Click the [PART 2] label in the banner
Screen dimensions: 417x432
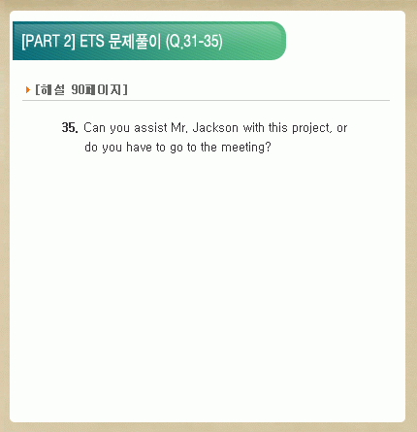click(48, 42)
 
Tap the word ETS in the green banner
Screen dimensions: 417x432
click(92, 42)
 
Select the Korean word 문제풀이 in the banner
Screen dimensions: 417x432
click(135, 42)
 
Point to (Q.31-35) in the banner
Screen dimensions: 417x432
click(194, 42)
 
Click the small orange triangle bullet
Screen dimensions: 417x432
click(28, 89)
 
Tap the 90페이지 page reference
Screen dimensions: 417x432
click(96, 89)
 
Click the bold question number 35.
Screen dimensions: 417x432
click(70, 128)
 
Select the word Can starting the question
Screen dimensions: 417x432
click(94, 128)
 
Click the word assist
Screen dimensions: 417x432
click(150, 128)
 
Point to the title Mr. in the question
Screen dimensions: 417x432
click(179, 128)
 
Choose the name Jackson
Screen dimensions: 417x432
click(215, 128)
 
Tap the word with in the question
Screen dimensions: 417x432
click(254, 127)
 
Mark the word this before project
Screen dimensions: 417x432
click(278, 127)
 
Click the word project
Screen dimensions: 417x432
click(311, 129)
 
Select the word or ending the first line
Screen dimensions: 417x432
click(342, 129)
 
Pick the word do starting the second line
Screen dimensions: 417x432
click(91, 148)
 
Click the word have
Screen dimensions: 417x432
click(139, 148)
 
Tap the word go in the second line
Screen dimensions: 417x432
click(176, 149)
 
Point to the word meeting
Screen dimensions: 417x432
click(246, 149)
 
